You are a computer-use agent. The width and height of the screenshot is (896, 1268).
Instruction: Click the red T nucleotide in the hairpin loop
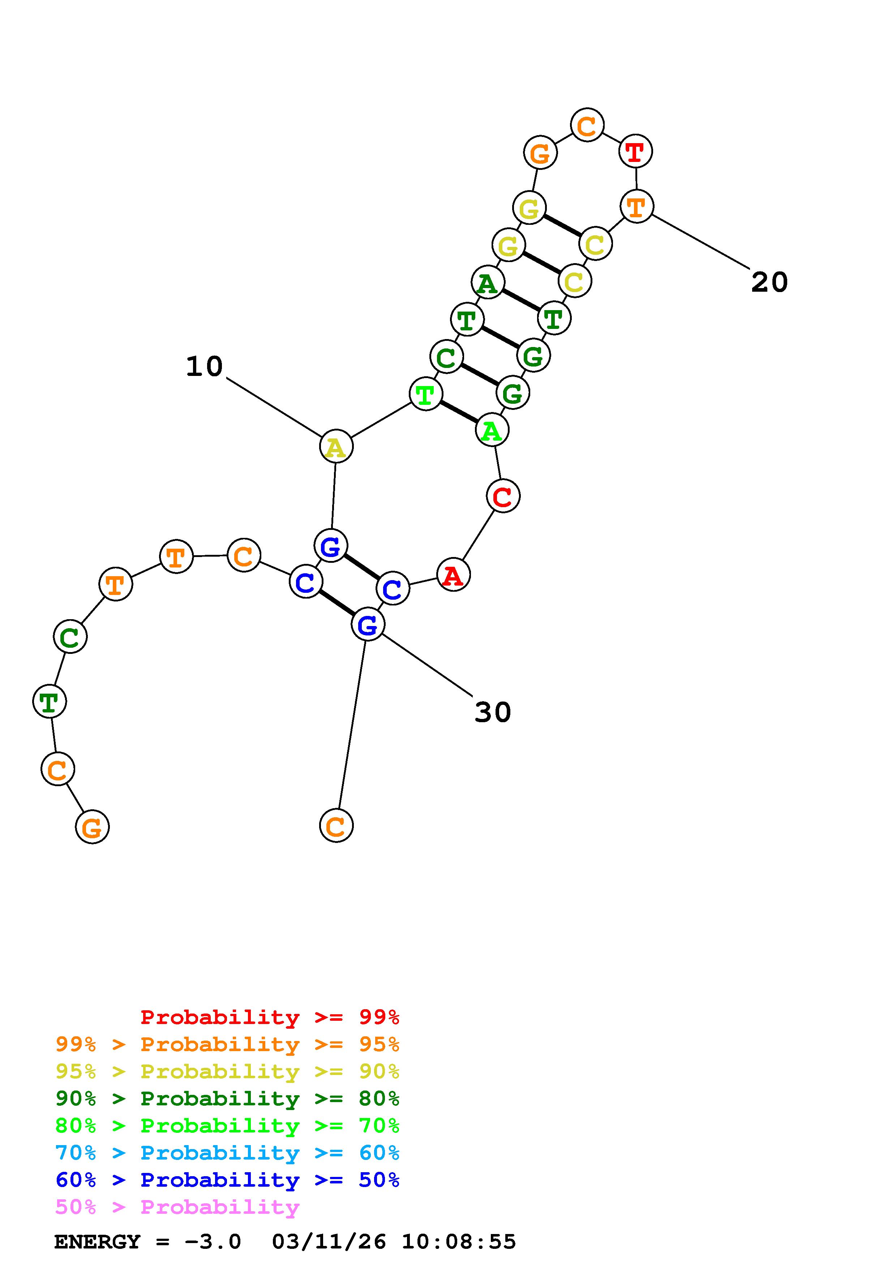635,151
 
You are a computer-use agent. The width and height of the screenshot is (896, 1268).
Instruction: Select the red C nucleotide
503,496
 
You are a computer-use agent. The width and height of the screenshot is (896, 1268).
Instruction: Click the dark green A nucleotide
488,282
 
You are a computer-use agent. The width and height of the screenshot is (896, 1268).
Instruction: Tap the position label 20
769,282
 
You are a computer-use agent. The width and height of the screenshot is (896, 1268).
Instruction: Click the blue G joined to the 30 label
368,625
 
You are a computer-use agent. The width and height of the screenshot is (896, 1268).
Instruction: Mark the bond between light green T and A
459,412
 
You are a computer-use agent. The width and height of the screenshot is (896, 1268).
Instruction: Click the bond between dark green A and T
520,300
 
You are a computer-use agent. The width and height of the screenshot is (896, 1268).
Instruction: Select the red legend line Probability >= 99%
270,1017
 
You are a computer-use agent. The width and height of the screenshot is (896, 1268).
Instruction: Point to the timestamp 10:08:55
458,1242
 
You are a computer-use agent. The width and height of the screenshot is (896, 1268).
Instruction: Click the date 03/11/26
329,1242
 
